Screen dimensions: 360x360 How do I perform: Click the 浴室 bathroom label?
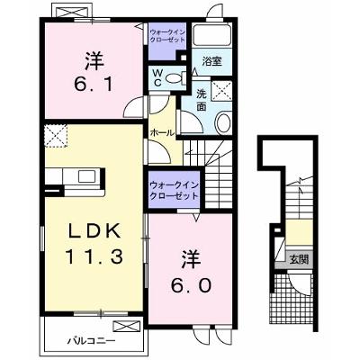[x=211, y=61]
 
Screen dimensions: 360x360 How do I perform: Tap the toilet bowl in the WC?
[x=174, y=78]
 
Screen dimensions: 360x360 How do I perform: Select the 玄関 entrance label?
[x=299, y=258]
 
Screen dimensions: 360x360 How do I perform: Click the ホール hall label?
[x=162, y=132]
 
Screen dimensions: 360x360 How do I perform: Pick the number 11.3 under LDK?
[x=94, y=257]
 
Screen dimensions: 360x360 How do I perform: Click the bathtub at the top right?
[x=211, y=35]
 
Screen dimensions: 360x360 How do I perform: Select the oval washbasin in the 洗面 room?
[x=223, y=122]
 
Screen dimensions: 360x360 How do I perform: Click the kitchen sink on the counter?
[x=86, y=176]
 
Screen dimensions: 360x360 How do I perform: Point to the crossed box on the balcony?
[x=127, y=326]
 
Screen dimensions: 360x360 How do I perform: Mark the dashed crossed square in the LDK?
[x=56, y=136]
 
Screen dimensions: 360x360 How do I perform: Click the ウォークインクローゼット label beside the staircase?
[x=174, y=191]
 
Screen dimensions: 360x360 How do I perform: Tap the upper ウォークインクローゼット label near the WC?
[x=166, y=35]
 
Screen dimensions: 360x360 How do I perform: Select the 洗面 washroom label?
[x=202, y=101]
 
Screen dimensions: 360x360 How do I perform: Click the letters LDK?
[x=94, y=231]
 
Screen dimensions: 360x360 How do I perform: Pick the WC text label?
[x=157, y=78]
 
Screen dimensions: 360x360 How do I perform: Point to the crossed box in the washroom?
[x=221, y=90]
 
